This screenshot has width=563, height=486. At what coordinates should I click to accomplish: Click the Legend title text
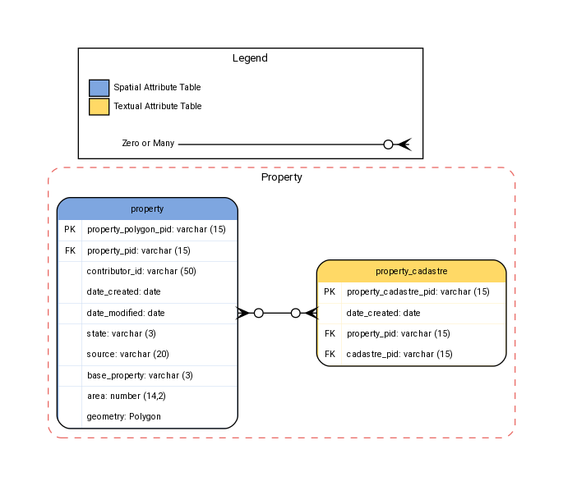click(x=250, y=58)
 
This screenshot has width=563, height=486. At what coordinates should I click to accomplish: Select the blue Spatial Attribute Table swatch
click(x=99, y=88)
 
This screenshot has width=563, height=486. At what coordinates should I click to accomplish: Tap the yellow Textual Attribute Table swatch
click(x=99, y=107)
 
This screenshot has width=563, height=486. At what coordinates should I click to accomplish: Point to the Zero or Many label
click(x=148, y=144)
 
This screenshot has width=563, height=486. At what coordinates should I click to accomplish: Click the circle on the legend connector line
click(x=389, y=144)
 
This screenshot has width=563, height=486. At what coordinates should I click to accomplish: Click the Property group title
click(x=282, y=177)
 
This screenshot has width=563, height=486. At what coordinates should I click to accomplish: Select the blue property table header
click(x=147, y=209)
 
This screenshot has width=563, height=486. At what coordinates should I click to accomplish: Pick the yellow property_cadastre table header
click(x=411, y=271)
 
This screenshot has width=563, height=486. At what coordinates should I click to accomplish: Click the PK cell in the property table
click(x=69, y=230)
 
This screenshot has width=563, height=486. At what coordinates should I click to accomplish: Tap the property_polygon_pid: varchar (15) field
click(x=156, y=230)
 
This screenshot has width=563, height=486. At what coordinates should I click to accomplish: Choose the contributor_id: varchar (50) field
click(x=141, y=271)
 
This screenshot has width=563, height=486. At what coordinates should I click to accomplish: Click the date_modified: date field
click(x=126, y=313)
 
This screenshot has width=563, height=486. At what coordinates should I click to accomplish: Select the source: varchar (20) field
click(x=127, y=355)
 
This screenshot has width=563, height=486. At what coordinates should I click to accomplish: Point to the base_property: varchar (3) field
click(x=140, y=375)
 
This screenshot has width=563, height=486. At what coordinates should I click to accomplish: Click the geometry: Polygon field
click(x=123, y=417)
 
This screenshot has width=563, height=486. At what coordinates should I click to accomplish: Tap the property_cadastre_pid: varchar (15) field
click(x=418, y=291)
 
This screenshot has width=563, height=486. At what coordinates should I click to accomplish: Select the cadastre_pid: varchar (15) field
click(x=399, y=355)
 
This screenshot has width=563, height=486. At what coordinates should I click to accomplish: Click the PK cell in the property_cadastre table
click(x=330, y=291)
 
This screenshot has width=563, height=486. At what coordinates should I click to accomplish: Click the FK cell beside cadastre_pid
click(x=330, y=355)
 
